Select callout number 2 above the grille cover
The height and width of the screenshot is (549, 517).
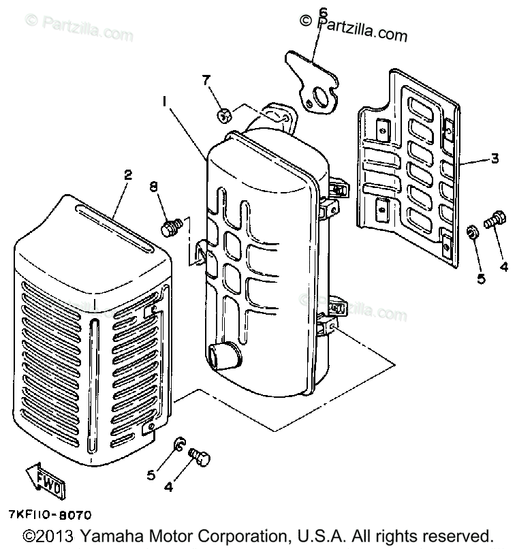coord(127,176)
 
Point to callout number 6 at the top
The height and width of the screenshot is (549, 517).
coord(323,12)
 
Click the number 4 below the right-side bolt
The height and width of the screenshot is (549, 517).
coord(503,267)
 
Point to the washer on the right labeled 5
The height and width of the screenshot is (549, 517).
coord(471,234)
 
